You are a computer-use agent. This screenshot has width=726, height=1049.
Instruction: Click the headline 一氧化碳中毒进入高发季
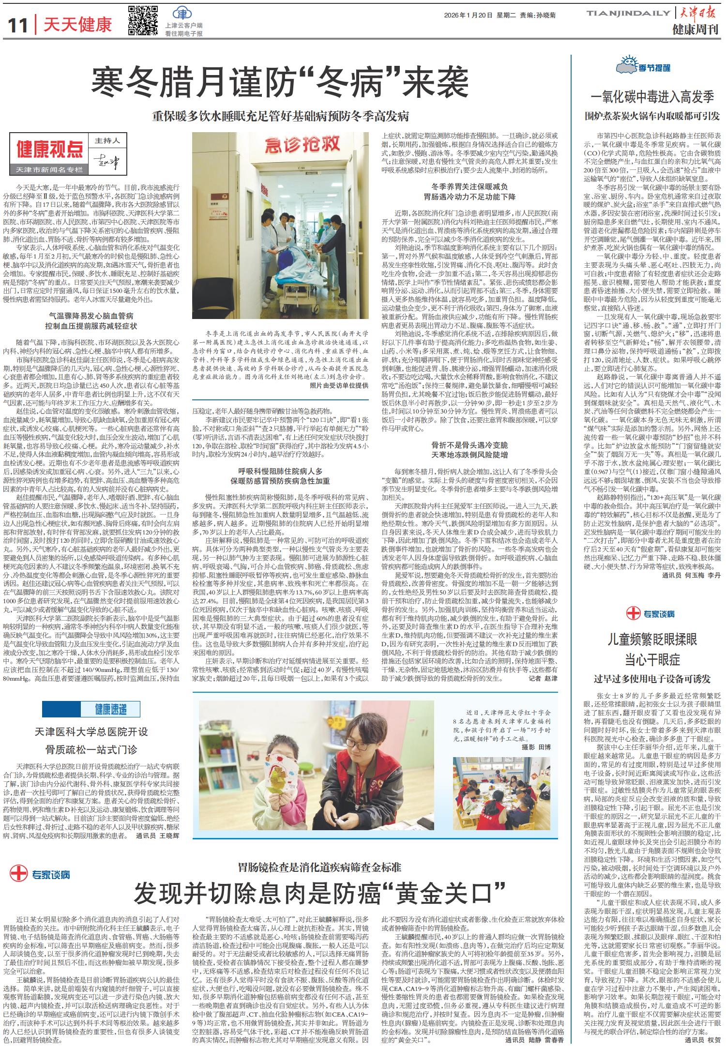click(x=652, y=97)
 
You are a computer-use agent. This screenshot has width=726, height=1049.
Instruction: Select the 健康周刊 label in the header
click(x=696, y=30)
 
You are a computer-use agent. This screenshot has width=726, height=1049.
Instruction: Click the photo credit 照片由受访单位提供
click(x=339, y=386)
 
